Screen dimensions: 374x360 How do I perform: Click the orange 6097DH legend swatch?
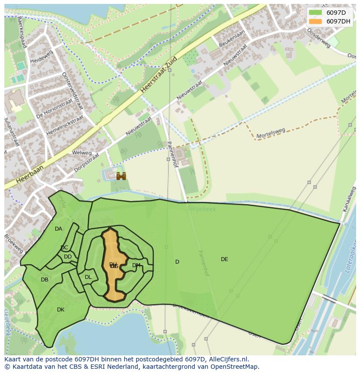315,21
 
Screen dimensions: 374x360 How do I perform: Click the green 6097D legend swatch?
315,13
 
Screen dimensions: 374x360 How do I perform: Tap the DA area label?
58,229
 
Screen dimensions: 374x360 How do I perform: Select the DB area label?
44,280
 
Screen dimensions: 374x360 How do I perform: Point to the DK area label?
60,310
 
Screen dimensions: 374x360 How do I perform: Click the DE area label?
224,259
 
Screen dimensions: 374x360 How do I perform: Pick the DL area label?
88,277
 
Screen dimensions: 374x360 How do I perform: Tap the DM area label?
136,265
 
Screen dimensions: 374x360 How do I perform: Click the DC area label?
64,248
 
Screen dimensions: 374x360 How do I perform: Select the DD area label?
68,257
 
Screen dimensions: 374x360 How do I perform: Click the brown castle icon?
121,176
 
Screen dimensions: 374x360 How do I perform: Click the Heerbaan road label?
30,173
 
